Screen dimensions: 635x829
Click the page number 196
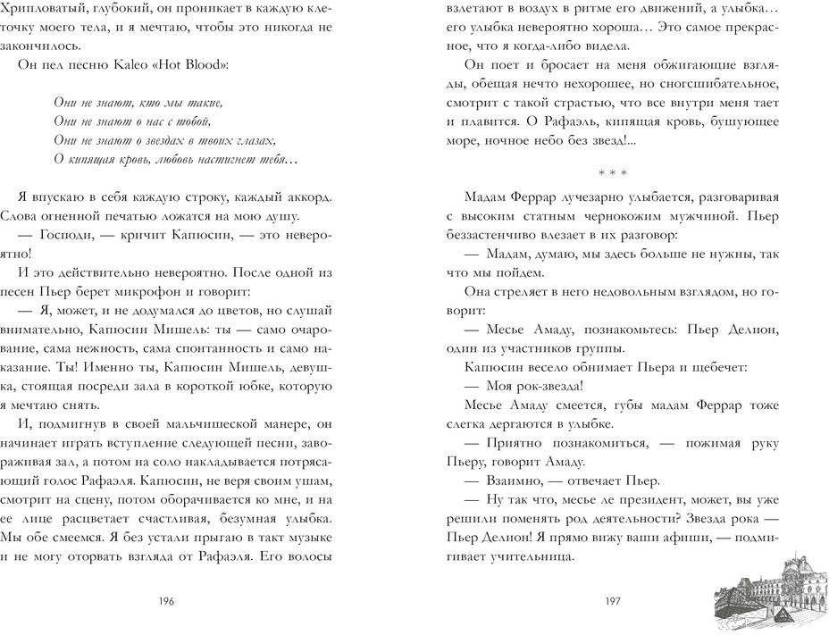(x=165, y=601)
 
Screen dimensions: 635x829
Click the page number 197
(x=612, y=601)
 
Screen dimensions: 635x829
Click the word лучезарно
(x=587, y=196)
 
